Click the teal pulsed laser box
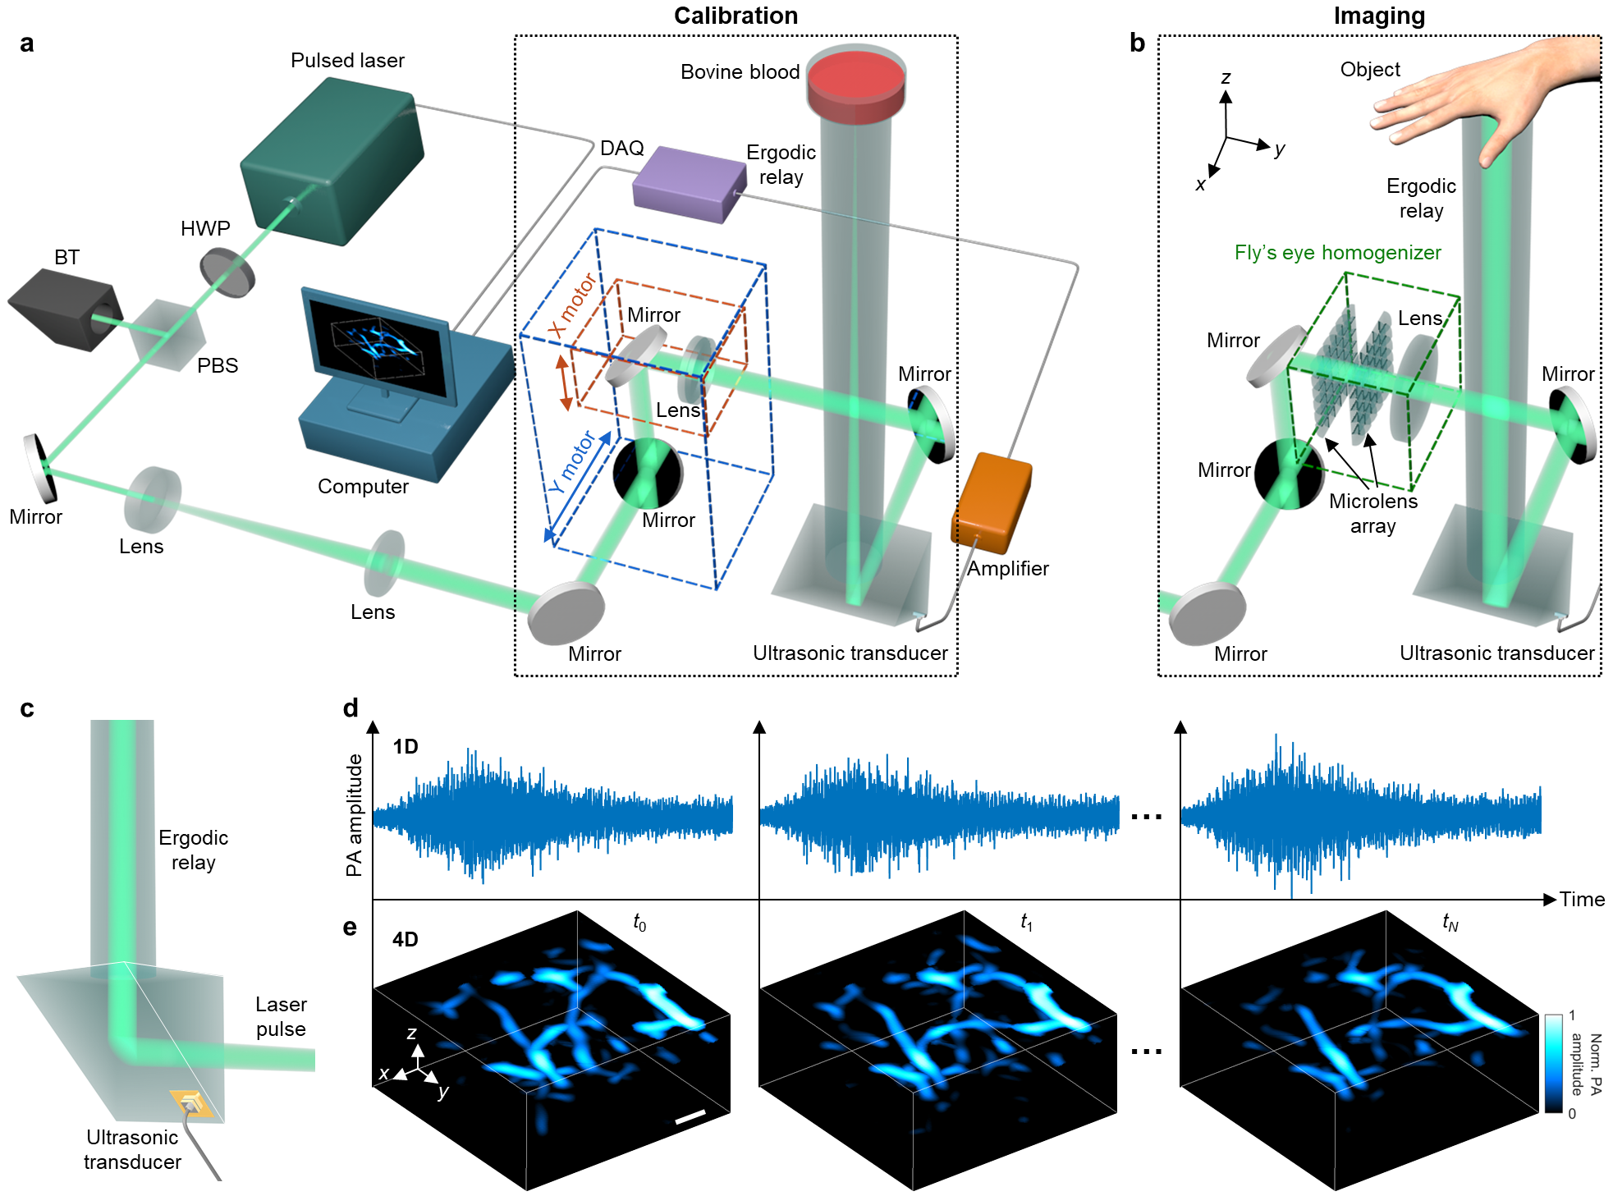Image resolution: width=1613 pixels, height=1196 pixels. pyautogui.click(x=332, y=161)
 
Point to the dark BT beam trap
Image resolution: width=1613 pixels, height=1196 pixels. pyautogui.click(x=64, y=309)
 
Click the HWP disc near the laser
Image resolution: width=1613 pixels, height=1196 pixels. pyautogui.click(x=227, y=274)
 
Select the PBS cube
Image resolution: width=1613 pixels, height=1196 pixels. pyautogui.click(x=167, y=335)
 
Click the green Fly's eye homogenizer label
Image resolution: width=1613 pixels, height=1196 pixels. pyautogui.click(x=1337, y=253)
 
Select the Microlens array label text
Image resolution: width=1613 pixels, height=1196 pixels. pyautogui.click(x=1372, y=513)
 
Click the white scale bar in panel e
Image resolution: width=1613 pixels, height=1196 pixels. pyautogui.click(x=690, y=1116)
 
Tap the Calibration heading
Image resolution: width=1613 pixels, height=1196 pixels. pyautogui.click(x=735, y=16)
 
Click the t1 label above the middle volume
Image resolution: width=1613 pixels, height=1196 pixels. pyautogui.click(x=1026, y=923)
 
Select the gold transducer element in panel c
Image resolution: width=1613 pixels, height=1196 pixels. pyautogui.click(x=191, y=1104)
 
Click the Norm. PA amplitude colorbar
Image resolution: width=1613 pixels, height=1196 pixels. pyautogui.click(x=1553, y=1064)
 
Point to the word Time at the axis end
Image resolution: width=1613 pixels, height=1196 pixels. pyautogui.click(x=1582, y=900)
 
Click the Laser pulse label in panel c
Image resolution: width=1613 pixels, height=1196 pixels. pyautogui.click(x=281, y=1016)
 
